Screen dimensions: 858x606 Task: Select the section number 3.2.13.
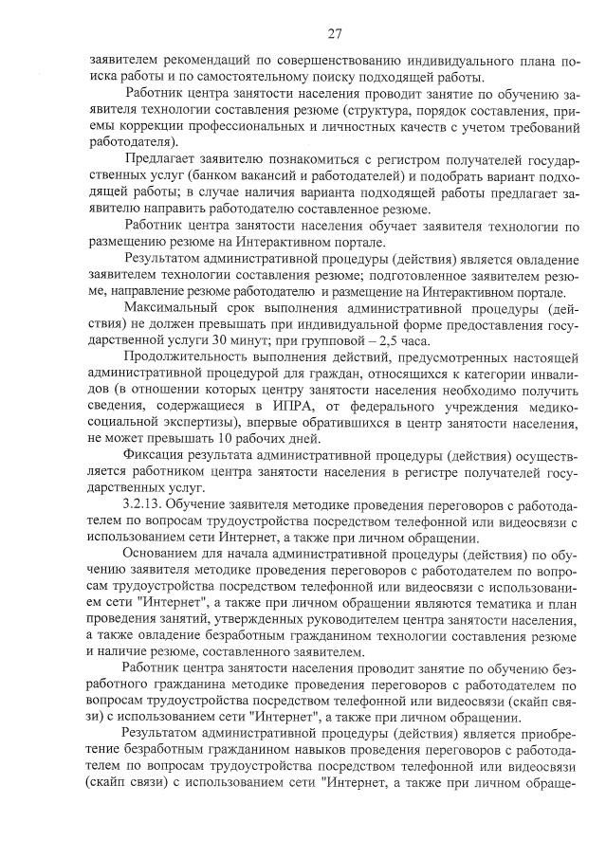tap(143, 502)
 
